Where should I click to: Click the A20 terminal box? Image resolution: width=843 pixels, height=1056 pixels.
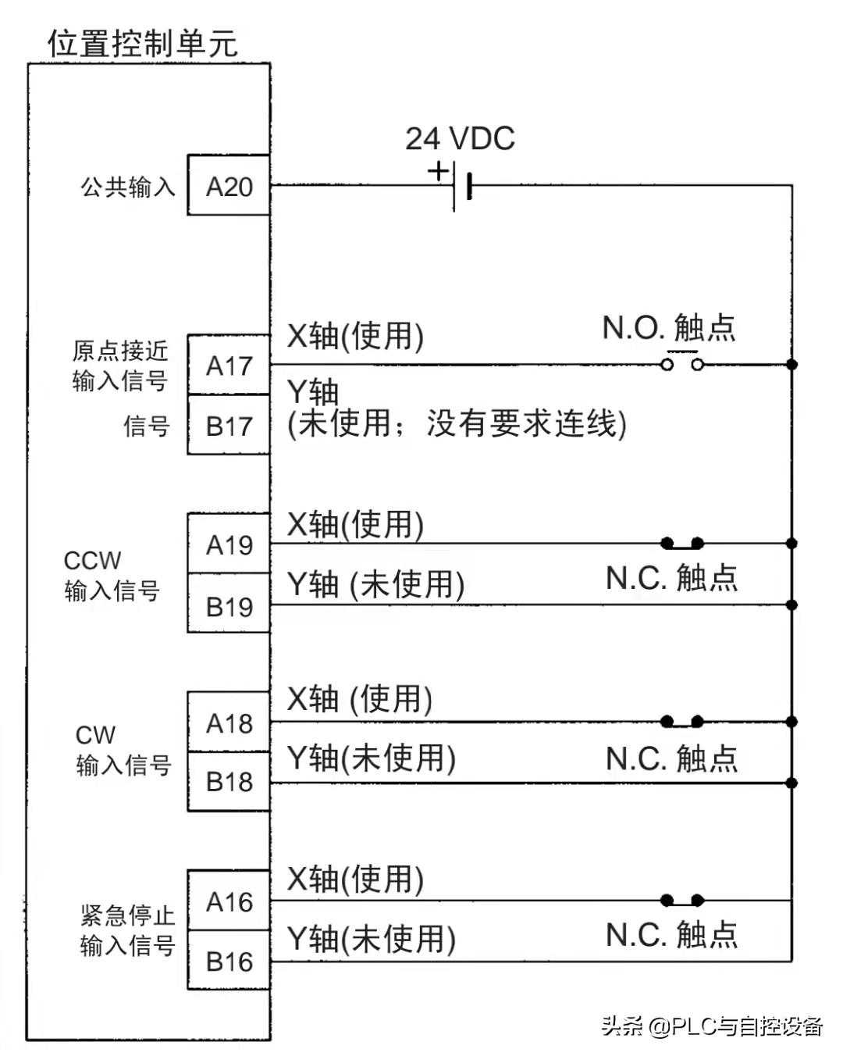point(229,186)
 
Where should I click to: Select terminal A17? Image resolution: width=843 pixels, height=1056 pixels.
point(229,365)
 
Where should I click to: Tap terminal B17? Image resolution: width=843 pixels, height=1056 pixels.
point(229,426)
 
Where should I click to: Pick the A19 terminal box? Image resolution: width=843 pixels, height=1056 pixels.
point(229,544)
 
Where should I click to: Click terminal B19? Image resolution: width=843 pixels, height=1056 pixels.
point(229,605)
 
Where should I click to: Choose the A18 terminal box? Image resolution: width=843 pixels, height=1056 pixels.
point(229,723)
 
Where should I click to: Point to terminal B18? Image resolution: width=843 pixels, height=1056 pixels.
point(229,782)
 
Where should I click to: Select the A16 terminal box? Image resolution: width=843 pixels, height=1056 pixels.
point(229,902)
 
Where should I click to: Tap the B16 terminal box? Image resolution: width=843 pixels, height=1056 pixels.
point(229,961)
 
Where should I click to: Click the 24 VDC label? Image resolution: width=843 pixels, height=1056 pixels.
point(460,139)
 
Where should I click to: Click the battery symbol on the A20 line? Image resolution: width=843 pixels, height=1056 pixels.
point(461,187)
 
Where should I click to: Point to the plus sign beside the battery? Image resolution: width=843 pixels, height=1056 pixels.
point(439,169)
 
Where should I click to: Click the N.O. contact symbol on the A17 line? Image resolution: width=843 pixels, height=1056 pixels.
point(682,363)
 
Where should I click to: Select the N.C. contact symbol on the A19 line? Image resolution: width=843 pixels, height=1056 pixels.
point(682,543)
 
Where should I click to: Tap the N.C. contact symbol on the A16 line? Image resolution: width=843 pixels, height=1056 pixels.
point(682,901)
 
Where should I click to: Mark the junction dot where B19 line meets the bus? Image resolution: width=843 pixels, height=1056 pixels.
point(791,605)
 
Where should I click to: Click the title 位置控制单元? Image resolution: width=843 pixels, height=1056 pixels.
point(143,43)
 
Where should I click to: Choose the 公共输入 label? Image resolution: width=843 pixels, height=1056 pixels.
point(128,187)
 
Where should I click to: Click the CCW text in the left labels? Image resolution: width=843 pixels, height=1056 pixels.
point(92,561)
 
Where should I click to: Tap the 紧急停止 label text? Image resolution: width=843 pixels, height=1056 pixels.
point(127,915)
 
